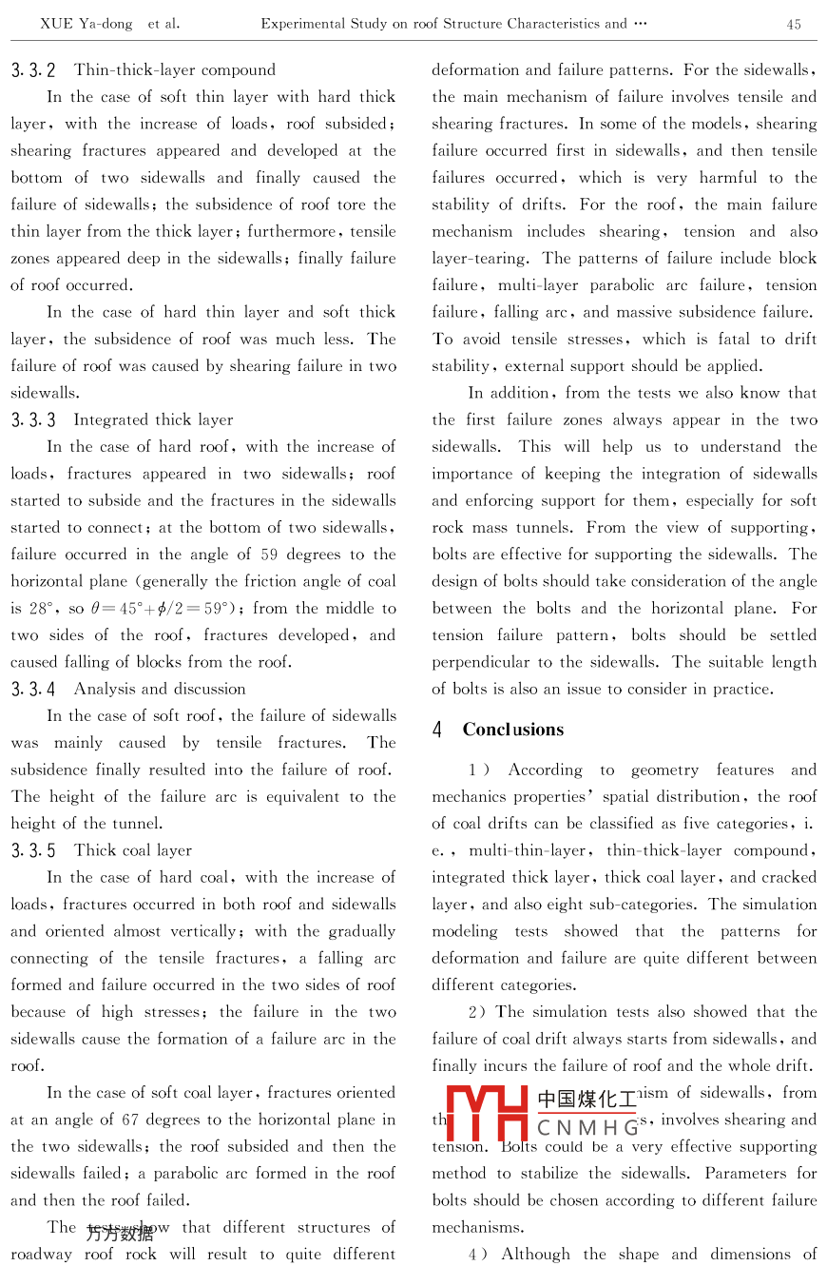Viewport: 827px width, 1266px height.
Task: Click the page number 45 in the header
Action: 794,25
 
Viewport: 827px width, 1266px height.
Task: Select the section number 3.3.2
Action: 33,70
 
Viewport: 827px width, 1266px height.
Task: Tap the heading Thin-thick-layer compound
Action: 175,70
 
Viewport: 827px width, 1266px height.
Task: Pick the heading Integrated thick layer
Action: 153,419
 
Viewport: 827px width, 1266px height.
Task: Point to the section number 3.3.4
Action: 33,689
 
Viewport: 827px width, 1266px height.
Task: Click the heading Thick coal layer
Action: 133,850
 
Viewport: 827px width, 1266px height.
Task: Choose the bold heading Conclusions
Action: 513,730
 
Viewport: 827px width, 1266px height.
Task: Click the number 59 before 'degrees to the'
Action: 268,555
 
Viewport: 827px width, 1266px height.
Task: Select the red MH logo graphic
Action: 487,1113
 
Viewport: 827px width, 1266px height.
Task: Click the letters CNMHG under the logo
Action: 588,1128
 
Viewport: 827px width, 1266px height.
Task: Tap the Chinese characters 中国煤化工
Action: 587,1100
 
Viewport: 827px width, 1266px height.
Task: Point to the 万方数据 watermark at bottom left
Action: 120,1235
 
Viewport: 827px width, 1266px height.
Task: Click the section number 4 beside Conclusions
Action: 437,730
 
